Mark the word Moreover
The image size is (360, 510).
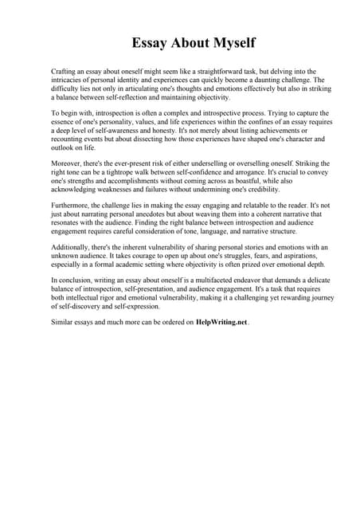[x=68, y=163]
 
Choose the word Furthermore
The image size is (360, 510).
[x=72, y=206]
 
